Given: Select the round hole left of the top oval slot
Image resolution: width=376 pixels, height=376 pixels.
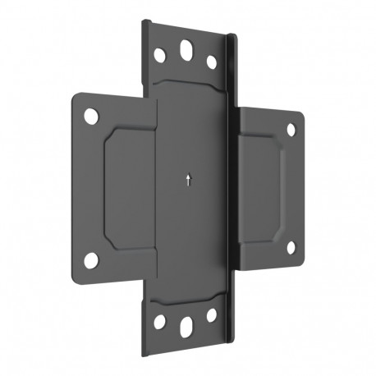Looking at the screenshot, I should click(160, 55).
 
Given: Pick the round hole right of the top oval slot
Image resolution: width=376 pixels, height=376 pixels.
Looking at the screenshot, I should click(212, 62).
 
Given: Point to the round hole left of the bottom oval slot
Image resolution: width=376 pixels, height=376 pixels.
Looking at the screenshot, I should click(160, 322).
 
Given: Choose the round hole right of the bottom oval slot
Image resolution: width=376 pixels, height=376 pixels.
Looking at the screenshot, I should click(212, 314).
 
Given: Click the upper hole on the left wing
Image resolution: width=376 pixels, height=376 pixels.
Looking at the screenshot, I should click(91, 115).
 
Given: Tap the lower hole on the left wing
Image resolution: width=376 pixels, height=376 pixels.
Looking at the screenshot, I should click(91, 259).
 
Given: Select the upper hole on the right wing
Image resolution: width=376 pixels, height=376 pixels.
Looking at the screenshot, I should click(291, 129).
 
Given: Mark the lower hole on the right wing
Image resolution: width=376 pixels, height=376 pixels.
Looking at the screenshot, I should click(291, 246).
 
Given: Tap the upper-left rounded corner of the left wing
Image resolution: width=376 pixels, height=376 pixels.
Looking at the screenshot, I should click(76, 97).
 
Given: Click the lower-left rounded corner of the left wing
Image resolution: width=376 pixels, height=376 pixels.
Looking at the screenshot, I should click(76, 276).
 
